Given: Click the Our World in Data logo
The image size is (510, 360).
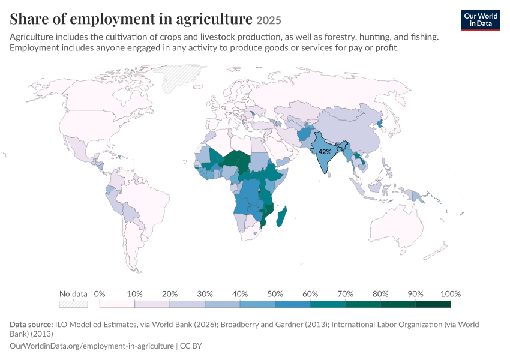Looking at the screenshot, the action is coord(481,20).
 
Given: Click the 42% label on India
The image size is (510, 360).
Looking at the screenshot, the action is coord(325,152).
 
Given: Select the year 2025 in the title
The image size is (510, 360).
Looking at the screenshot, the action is coord(269,20).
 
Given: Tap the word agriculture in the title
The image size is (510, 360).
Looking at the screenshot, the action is coord(214,19).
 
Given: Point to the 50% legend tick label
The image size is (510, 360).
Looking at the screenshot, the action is coord(275,294).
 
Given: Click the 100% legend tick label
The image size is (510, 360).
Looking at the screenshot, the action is coord(451,294).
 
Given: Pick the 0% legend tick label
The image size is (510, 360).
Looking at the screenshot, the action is coord(100,294).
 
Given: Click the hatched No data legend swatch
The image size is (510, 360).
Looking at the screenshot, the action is coord(74,304).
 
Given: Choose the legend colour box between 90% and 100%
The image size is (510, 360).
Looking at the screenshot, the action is coord(433,304).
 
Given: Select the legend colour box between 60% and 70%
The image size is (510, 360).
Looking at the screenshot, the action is coord(328,304).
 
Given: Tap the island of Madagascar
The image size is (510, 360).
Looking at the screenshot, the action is coord(281,216).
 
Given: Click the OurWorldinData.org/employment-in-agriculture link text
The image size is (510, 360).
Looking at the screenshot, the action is coord(92,346).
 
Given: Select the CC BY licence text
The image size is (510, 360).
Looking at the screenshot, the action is coord(191,346).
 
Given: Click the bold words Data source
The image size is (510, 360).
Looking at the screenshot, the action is coord(31,324).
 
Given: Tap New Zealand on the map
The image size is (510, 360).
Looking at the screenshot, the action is coord(436,251).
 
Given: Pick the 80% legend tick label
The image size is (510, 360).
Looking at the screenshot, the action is coord(380,294).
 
